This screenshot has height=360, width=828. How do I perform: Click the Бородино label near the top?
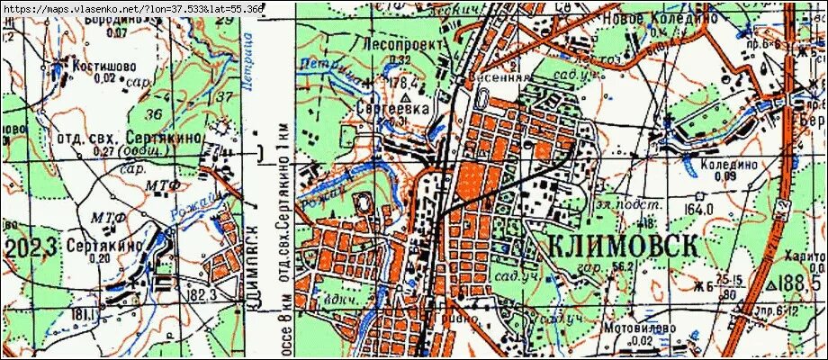[115, 18]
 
